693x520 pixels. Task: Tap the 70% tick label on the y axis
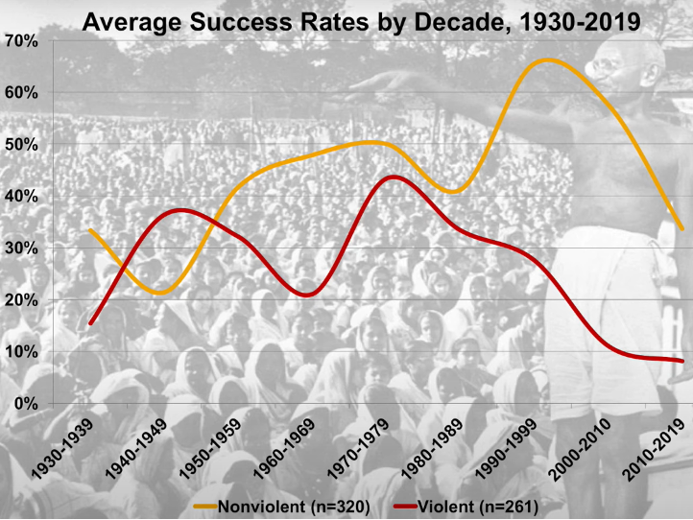click(x=21, y=40)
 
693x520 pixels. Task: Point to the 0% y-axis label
click(x=25, y=403)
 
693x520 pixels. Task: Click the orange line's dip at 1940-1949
click(x=161, y=292)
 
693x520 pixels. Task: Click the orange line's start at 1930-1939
click(x=90, y=230)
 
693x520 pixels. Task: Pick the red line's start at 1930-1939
click(x=90, y=323)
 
